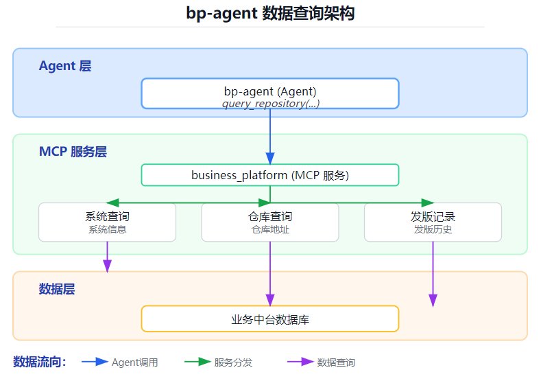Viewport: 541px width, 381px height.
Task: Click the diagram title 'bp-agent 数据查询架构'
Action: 270,14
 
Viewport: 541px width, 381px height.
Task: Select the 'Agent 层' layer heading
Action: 65,66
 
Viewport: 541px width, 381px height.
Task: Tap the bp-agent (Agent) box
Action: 270,93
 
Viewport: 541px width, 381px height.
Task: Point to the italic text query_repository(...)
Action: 271,103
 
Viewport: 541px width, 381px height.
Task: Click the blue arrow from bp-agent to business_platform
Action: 270,137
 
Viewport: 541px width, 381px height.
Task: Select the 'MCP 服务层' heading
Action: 73,151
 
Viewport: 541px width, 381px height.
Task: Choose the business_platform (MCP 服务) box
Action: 270,175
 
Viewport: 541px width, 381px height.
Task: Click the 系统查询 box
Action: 107,222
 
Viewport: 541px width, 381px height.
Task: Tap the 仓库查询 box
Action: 270,222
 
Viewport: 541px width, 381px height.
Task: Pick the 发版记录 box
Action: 433,222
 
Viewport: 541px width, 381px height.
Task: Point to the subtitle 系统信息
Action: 107,229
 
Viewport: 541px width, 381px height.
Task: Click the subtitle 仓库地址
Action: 270,229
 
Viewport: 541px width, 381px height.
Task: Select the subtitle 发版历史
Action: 433,229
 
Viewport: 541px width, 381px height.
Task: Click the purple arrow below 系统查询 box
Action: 107,257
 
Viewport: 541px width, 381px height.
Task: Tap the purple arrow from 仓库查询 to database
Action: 270,274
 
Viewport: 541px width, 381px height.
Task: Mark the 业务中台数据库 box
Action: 270,319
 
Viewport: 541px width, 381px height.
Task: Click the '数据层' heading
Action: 57,289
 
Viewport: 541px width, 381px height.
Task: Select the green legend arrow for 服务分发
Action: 197,362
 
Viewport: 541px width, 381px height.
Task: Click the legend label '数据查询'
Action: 336,362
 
